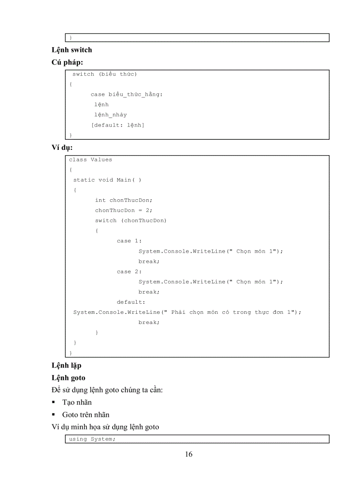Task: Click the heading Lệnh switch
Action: coord(71,50)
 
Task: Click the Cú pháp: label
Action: coord(67,63)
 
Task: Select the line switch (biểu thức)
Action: coord(105,74)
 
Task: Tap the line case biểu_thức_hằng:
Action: coord(127,94)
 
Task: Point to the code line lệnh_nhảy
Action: coord(110,115)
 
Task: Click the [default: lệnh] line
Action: coord(117,125)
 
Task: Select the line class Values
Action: coord(90,160)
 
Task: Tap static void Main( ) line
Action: coord(107,180)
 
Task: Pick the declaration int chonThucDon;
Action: coord(124,200)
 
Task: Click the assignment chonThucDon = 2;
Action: coord(124,210)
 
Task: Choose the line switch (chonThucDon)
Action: coord(131,220)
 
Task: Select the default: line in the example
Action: coord(131,302)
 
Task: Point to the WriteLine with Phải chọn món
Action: coord(187,312)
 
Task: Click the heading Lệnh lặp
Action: coord(67,365)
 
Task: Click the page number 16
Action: coord(188,454)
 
